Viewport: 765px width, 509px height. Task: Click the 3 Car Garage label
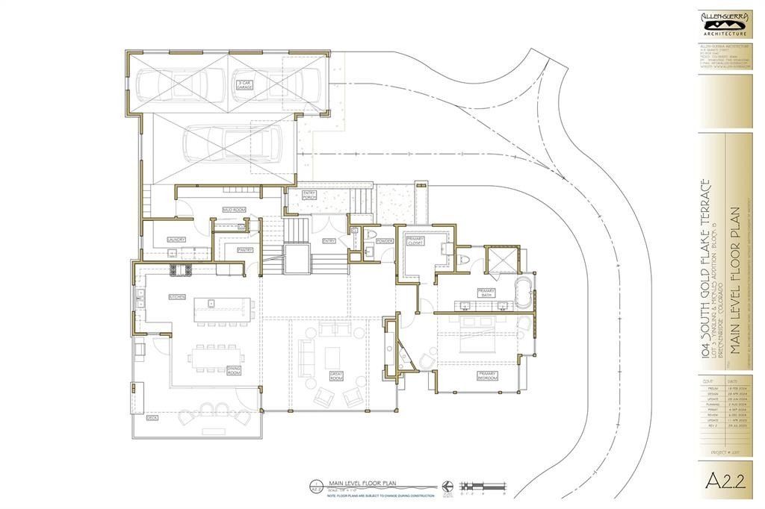tap(244, 84)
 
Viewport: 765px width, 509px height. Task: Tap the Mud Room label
tap(234, 210)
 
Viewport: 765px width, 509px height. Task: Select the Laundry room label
tap(176, 240)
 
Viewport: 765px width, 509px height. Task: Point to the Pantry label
tap(244, 250)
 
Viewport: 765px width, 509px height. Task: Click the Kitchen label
tap(177, 297)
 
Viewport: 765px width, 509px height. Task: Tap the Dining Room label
tap(234, 369)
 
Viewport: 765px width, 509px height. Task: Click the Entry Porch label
tap(310, 196)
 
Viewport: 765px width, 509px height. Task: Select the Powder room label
tap(385, 241)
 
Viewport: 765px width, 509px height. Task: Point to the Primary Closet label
tap(415, 240)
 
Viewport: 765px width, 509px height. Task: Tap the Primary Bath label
tap(487, 293)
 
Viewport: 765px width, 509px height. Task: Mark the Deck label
tap(152, 419)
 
